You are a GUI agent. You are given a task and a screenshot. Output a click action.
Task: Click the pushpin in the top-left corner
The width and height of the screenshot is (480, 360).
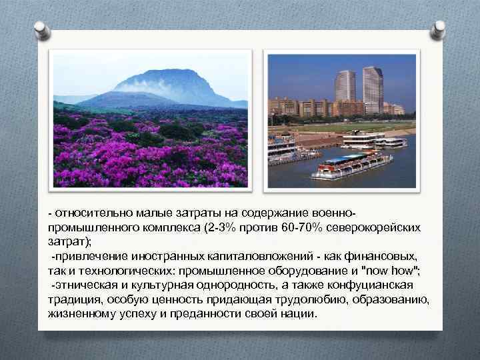tap(42, 29)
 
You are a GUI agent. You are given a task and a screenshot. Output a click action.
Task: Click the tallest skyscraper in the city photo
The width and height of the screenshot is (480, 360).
tap(373, 89)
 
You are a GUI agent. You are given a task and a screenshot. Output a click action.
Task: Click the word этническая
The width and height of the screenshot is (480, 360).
tap(88, 285)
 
